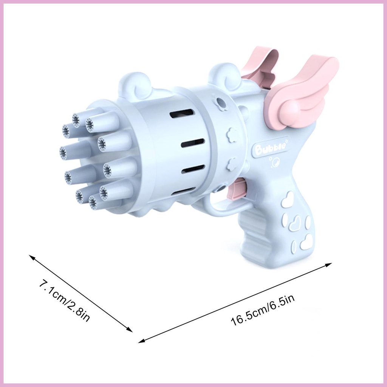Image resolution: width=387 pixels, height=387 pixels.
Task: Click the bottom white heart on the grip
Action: (307, 242)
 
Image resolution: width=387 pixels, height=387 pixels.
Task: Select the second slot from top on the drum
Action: (192, 143)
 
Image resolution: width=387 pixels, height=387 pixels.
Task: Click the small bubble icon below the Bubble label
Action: (277, 163)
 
